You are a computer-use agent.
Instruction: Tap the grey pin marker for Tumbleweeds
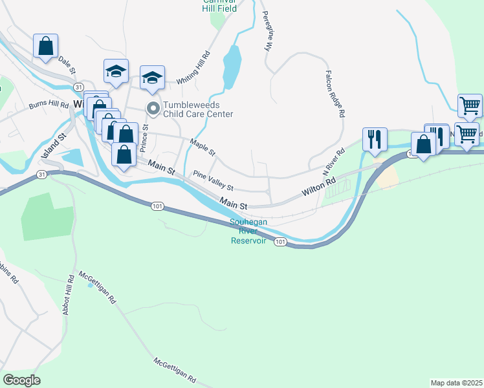point(153,108)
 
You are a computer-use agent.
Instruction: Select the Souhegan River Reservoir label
point(249,232)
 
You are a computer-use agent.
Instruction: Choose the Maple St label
point(203,147)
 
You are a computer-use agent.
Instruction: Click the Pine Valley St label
point(213,181)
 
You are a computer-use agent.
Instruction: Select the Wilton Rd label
point(319,186)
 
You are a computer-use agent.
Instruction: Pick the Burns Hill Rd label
point(49,105)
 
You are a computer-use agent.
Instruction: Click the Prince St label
point(145,137)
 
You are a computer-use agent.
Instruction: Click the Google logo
point(21,380)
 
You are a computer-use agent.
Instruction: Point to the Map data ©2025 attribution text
point(456,383)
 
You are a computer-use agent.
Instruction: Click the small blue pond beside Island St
point(73,156)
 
